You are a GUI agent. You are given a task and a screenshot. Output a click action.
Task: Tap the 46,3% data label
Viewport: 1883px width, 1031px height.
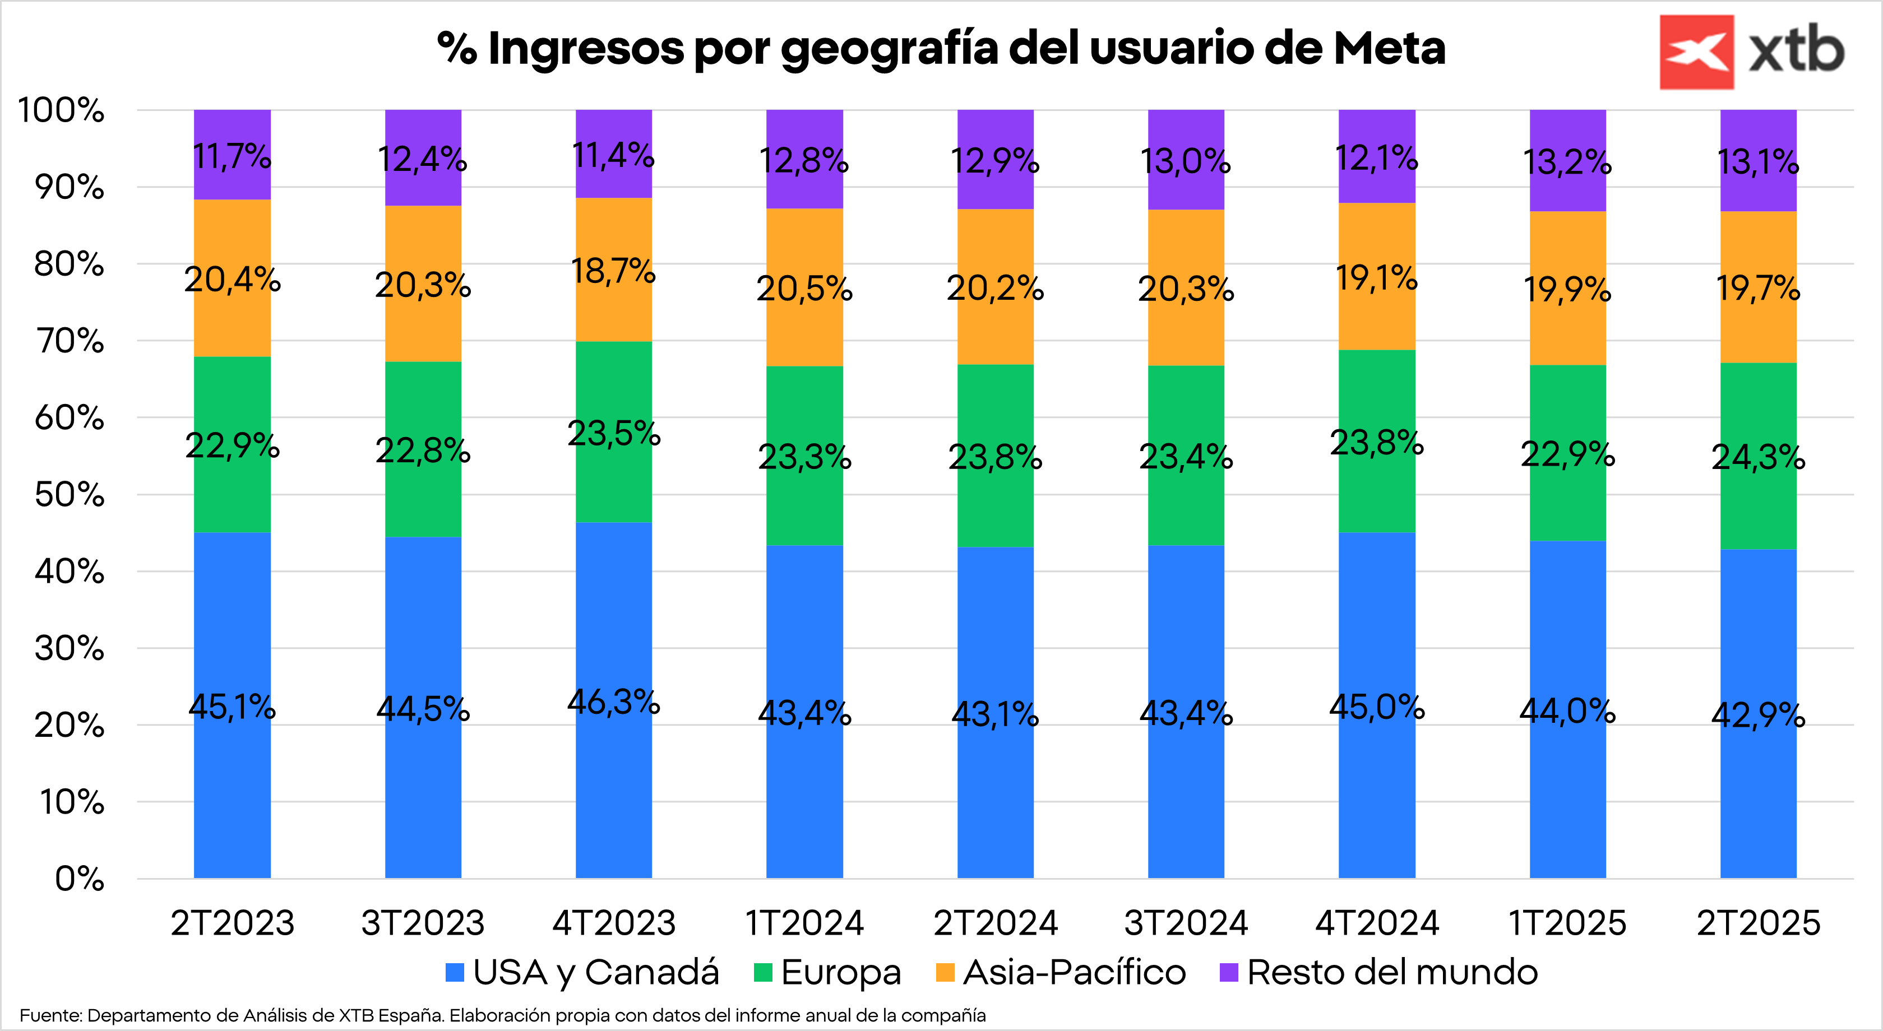coord(613,702)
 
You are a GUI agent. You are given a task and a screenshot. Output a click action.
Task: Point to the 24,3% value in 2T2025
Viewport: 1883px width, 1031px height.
coord(1758,457)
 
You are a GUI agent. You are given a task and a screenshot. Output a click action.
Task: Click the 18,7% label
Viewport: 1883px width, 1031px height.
coord(613,271)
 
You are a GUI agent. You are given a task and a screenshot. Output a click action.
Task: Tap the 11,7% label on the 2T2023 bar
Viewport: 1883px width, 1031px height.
coord(232,156)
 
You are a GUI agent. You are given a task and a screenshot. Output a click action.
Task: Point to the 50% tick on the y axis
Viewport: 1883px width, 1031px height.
coord(70,495)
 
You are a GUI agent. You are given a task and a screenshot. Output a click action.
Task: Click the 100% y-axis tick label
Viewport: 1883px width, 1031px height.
coord(62,110)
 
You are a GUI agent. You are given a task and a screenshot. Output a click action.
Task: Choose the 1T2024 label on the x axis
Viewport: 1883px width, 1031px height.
coord(804,923)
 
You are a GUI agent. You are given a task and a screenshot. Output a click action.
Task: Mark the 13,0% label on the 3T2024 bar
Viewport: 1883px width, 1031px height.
coord(1186,161)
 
